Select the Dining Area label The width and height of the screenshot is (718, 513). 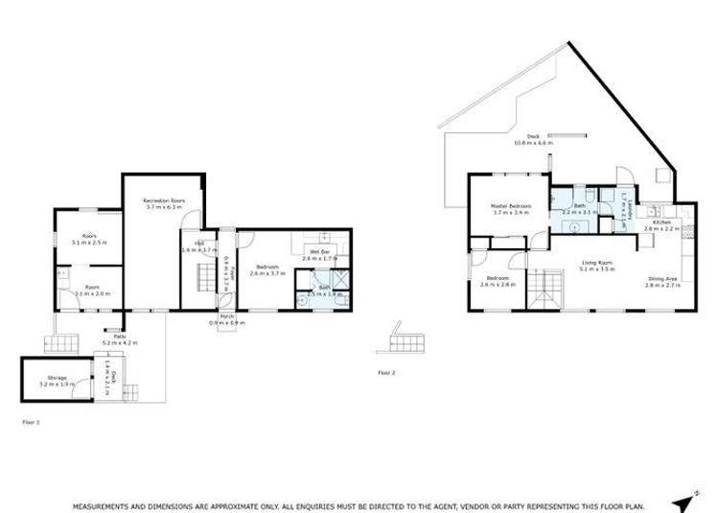[x=661, y=280]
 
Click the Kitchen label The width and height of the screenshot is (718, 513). [x=661, y=222]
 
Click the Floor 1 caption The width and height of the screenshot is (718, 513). [x=31, y=421]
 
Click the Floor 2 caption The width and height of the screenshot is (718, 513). [x=386, y=371]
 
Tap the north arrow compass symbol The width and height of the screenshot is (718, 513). [x=682, y=502]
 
